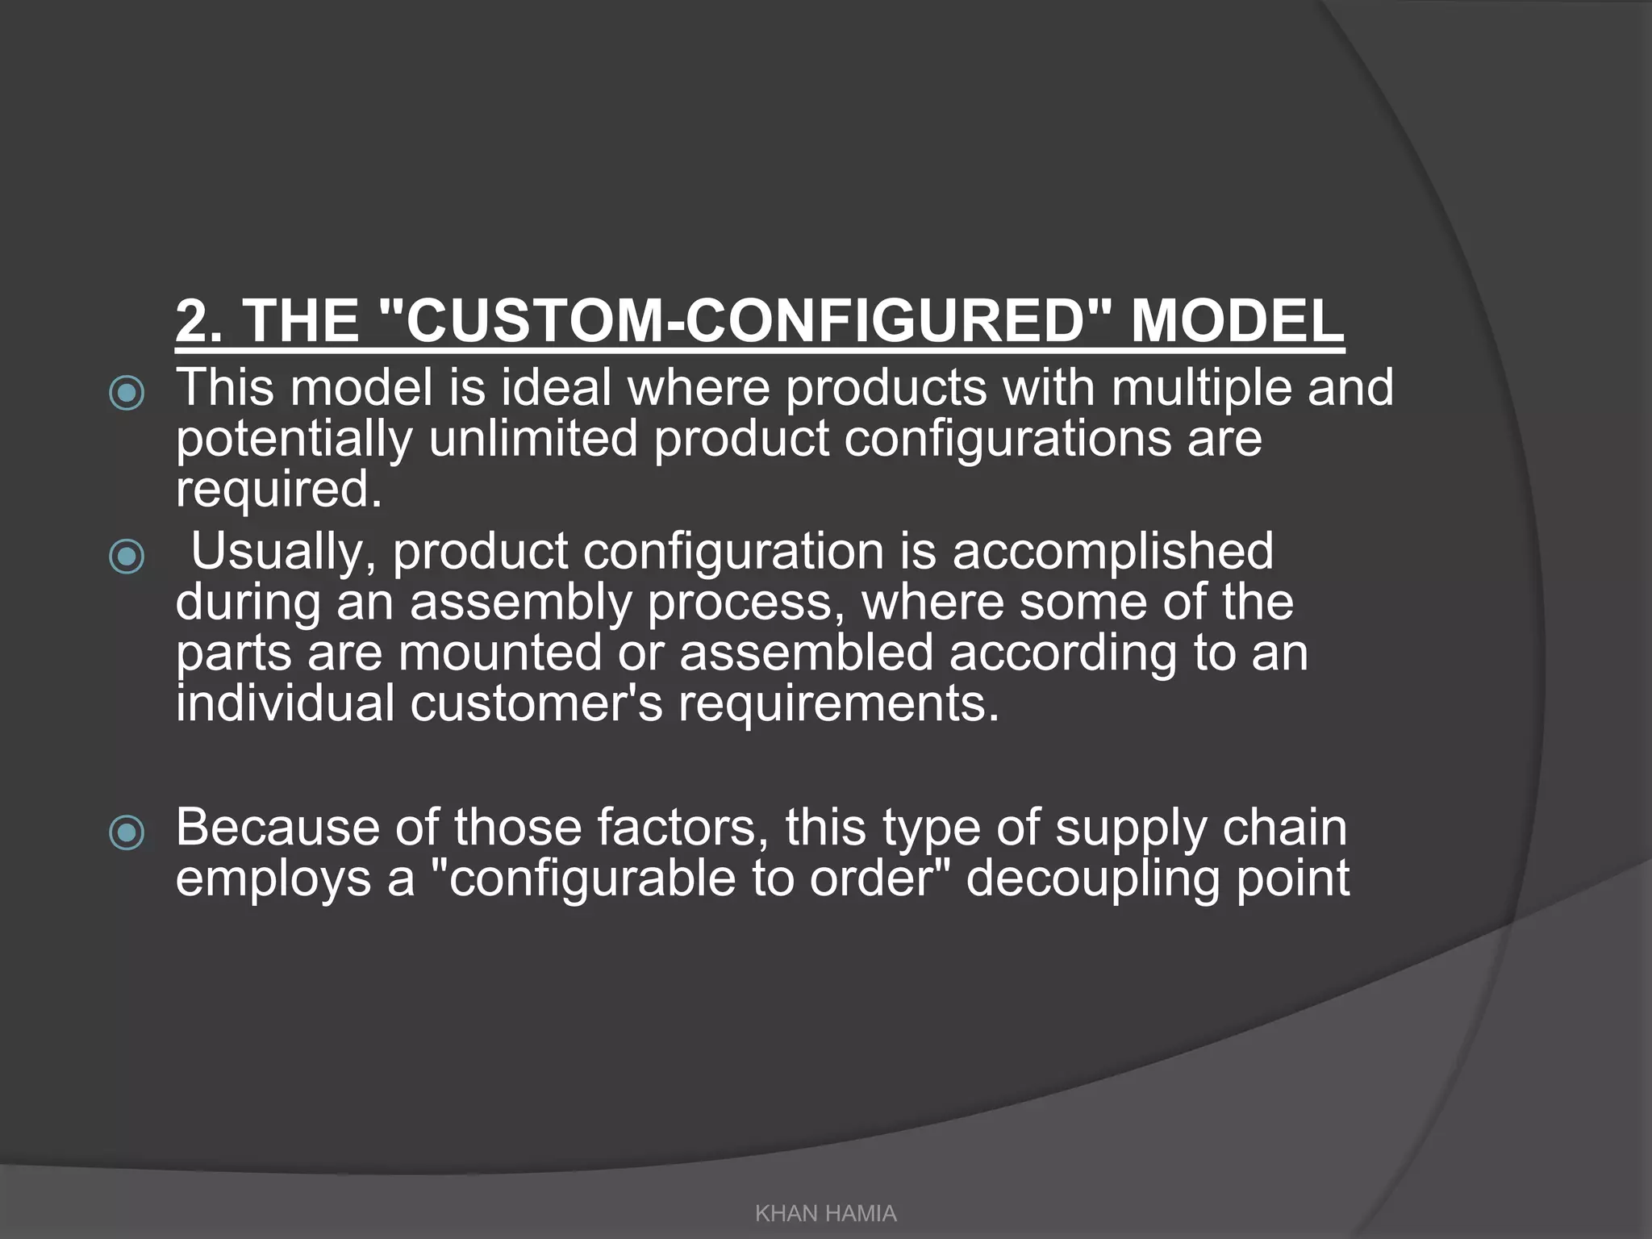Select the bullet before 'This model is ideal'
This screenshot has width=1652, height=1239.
pos(127,393)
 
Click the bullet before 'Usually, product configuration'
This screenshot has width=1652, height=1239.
pos(127,557)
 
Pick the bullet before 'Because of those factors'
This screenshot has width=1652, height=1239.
pos(127,832)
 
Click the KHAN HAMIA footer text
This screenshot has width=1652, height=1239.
pos(825,1213)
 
